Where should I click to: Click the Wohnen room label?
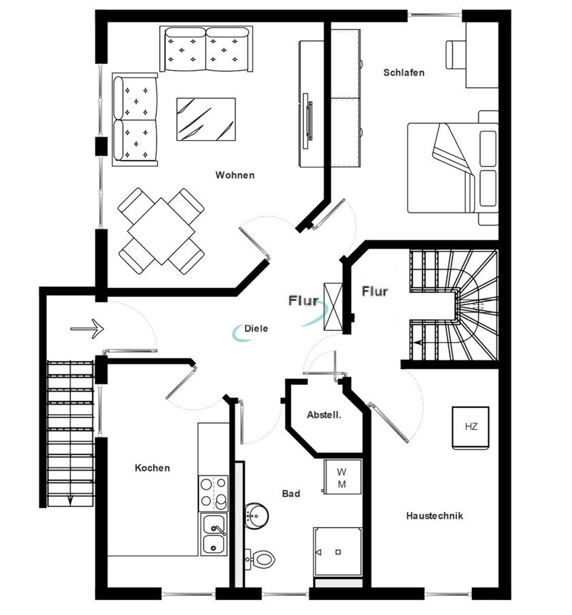tap(235, 175)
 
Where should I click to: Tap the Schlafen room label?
tap(403, 72)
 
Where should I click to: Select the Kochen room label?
tap(152, 468)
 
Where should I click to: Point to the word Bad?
tap(291, 493)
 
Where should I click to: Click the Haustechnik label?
tap(435, 516)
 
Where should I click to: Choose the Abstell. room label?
tap(324, 415)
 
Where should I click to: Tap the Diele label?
tap(257, 328)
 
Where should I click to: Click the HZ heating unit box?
tap(471, 428)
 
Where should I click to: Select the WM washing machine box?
tap(342, 478)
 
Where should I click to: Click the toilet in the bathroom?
tap(260, 559)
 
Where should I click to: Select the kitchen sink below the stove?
tap(214, 535)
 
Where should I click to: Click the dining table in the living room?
tap(161, 231)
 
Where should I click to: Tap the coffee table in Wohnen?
tap(206, 119)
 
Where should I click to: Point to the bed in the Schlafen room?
tap(452, 168)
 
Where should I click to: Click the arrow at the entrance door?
tap(86, 328)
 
